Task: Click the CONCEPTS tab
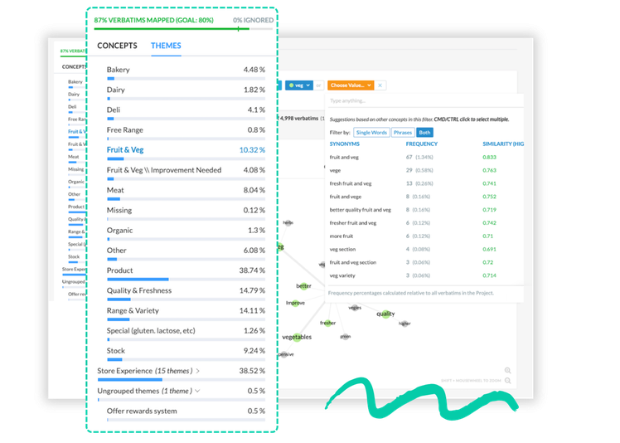[117, 46]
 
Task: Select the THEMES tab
[166, 46]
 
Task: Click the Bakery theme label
[119, 70]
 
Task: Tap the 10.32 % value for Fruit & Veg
[252, 150]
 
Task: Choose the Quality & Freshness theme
[139, 290]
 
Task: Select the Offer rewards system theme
[142, 411]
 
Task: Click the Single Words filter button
[371, 132]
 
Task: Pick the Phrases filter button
[402, 132]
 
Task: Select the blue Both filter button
[424, 132]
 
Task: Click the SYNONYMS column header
[346, 144]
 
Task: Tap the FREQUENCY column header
[422, 144]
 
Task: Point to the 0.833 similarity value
[490, 157]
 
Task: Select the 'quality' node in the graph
[385, 314]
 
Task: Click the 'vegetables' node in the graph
[298, 338]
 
